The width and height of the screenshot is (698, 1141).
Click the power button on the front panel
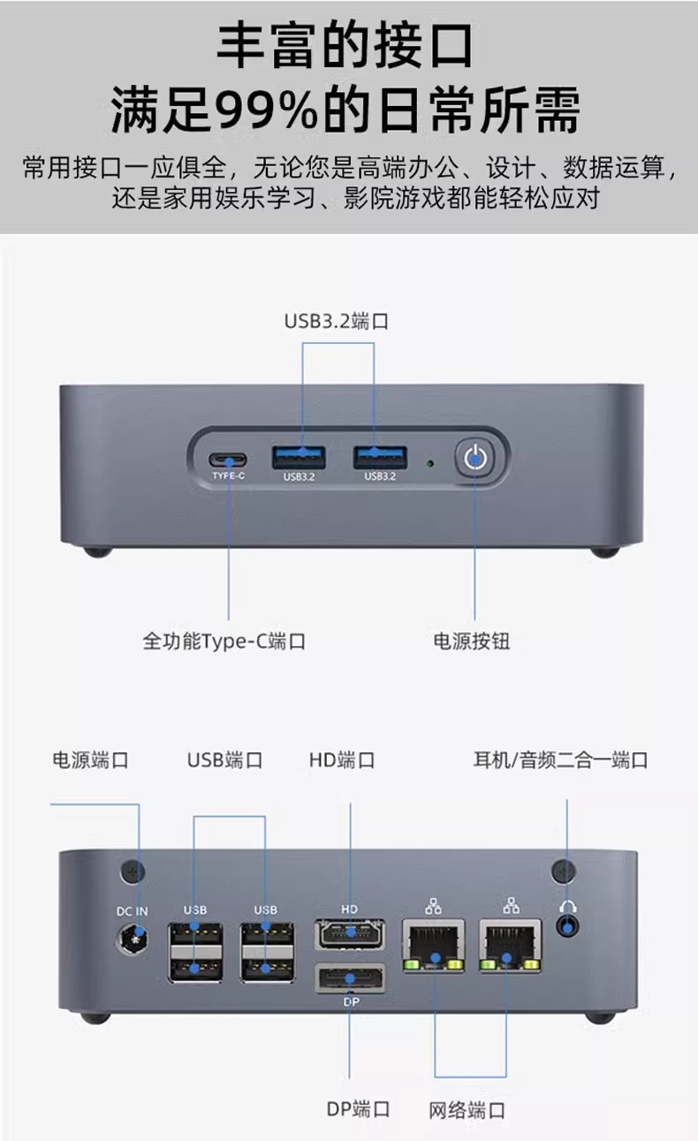(x=475, y=457)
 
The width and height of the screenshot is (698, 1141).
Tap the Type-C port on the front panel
(x=228, y=460)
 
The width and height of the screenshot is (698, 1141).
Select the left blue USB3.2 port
(x=300, y=458)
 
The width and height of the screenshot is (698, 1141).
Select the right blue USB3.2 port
(x=380, y=458)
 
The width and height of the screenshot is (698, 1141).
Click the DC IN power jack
(x=133, y=939)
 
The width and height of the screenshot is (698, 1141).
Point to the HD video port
(x=349, y=933)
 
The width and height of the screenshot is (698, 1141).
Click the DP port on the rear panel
(x=349, y=978)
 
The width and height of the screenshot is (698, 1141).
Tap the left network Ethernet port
(x=433, y=946)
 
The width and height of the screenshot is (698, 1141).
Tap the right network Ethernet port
(x=511, y=946)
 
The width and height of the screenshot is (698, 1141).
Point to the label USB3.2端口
(x=337, y=321)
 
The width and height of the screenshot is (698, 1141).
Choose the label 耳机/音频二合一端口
(x=561, y=760)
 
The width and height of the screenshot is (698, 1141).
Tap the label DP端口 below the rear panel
(x=358, y=1109)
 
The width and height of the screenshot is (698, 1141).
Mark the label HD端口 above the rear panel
(x=343, y=760)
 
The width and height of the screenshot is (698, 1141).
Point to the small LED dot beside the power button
(x=430, y=461)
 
